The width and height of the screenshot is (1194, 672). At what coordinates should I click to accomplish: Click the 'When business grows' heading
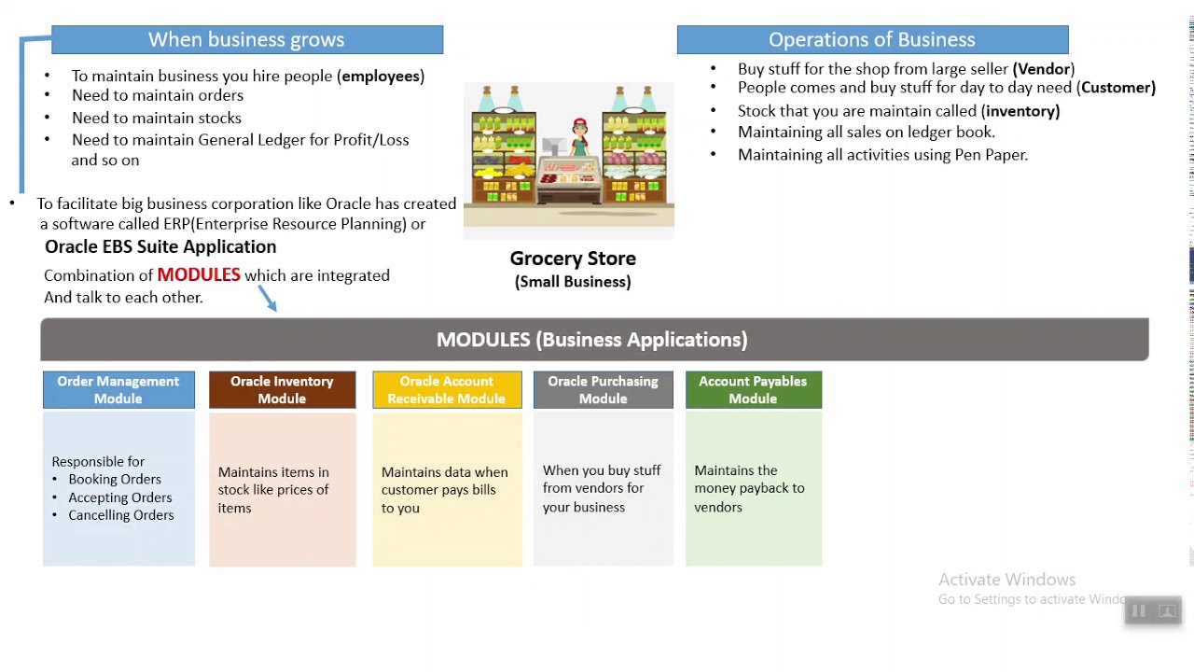tap(246, 39)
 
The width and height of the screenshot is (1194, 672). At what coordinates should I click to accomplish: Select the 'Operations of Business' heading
tap(871, 39)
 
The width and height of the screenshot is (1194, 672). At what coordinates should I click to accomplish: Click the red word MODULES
tap(199, 274)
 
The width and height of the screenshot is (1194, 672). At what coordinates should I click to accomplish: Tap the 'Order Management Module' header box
tap(118, 390)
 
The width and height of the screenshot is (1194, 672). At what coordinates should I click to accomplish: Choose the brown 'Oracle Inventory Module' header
tap(282, 390)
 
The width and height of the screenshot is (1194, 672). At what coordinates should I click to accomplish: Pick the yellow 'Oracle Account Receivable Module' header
tap(447, 390)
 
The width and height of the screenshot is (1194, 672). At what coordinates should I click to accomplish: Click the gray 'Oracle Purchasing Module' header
tap(603, 390)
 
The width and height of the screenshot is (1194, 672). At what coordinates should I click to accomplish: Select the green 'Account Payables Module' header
tap(753, 390)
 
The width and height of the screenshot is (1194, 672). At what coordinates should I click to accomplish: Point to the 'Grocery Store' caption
tap(573, 259)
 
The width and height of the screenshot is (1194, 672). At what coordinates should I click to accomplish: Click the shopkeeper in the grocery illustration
tap(579, 140)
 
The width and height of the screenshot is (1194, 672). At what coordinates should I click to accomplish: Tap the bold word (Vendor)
tap(1043, 68)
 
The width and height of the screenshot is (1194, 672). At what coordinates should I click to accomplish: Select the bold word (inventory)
tap(1020, 110)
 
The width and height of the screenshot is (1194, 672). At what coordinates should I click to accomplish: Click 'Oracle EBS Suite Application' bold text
tap(160, 246)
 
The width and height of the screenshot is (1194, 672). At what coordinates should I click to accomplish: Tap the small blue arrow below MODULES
tap(268, 299)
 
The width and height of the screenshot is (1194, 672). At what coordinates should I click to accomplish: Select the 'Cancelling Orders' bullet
tap(120, 515)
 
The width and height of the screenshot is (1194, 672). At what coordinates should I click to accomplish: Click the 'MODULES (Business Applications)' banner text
tap(591, 340)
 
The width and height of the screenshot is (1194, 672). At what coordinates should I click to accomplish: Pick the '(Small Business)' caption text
tap(573, 282)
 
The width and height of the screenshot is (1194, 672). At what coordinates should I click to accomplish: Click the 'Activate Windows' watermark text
tap(1007, 580)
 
